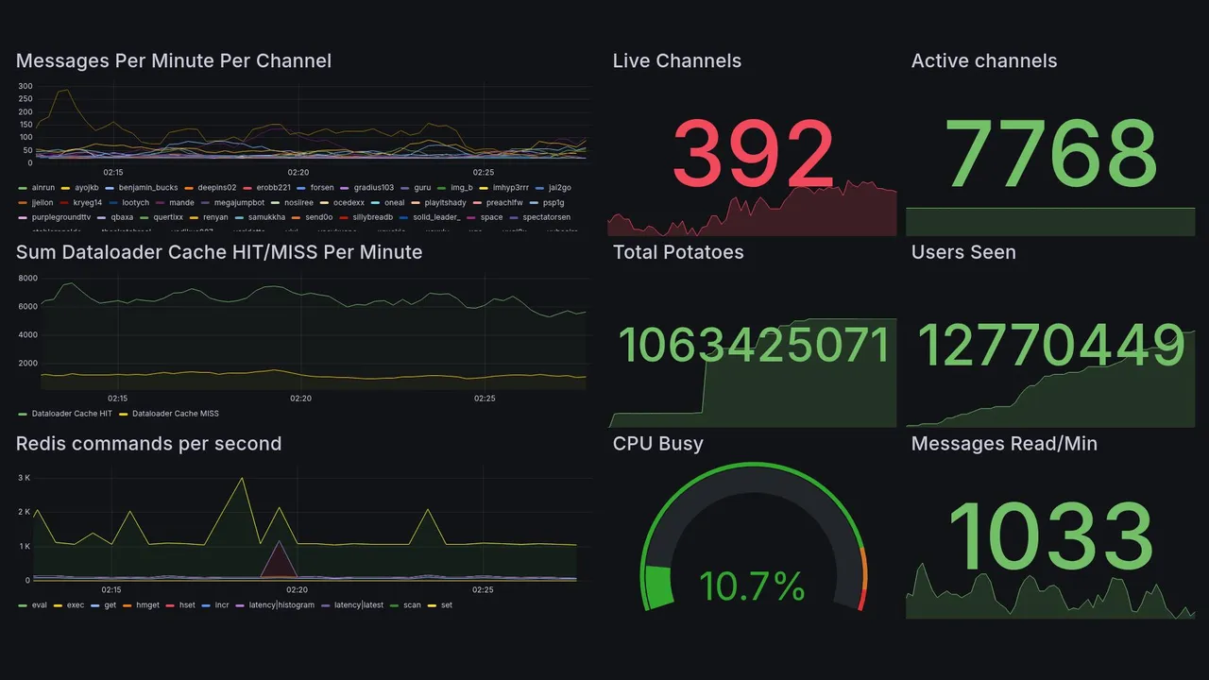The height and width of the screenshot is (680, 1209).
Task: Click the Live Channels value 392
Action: [x=753, y=154]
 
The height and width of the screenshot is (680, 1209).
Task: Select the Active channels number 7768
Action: [x=1051, y=154]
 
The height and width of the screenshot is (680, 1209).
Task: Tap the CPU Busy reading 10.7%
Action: [x=752, y=586]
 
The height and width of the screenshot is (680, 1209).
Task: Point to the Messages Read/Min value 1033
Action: [x=1050, y=538]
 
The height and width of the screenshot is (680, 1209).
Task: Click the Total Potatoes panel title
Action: [x=677, y=252]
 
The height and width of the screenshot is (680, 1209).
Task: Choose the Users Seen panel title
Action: [x=963, y=252]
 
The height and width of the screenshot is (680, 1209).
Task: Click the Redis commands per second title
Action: [x=148, y=444]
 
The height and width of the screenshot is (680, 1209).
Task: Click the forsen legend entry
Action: [x=321, y=188]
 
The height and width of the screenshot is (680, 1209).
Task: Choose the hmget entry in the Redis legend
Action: [x=147, y=604]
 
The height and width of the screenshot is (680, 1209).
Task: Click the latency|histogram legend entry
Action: [x=281, y=604]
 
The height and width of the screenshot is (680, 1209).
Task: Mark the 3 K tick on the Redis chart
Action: [x=25, y=478]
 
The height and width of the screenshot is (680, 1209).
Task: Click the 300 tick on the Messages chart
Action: [x=26, y=87]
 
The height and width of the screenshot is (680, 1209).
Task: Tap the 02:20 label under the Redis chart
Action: [x=298, y=589]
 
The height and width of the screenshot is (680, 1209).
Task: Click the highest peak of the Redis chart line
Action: [x=243, y=478]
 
